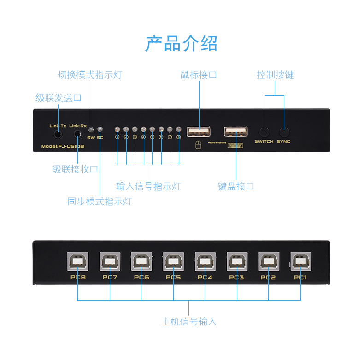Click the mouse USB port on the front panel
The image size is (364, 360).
click(x=199, y=132)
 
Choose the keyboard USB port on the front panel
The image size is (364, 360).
click(x=236, y=132)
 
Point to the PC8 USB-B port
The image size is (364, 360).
click(x=78, y=262)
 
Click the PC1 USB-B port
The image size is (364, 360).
click(x=300, y=262)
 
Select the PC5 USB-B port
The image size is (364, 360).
click(x=173, y=262)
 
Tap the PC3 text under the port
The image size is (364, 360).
click(x=236, y=277)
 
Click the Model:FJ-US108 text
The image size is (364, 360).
click(x=59, y=147)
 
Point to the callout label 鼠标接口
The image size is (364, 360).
click(x=199, y=75)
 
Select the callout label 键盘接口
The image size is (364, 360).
click(x=236, y=186)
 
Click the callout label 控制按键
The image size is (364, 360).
click(x=275, y=75)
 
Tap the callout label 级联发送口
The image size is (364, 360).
click(x=59, y=98)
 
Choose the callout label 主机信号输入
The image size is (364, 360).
click(x=189, y=321)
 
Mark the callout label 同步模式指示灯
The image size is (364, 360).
click(x=100, y=201)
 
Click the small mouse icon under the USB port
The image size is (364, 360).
click(x=198, y=146)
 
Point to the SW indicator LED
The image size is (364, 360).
click(x=91, y=130)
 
